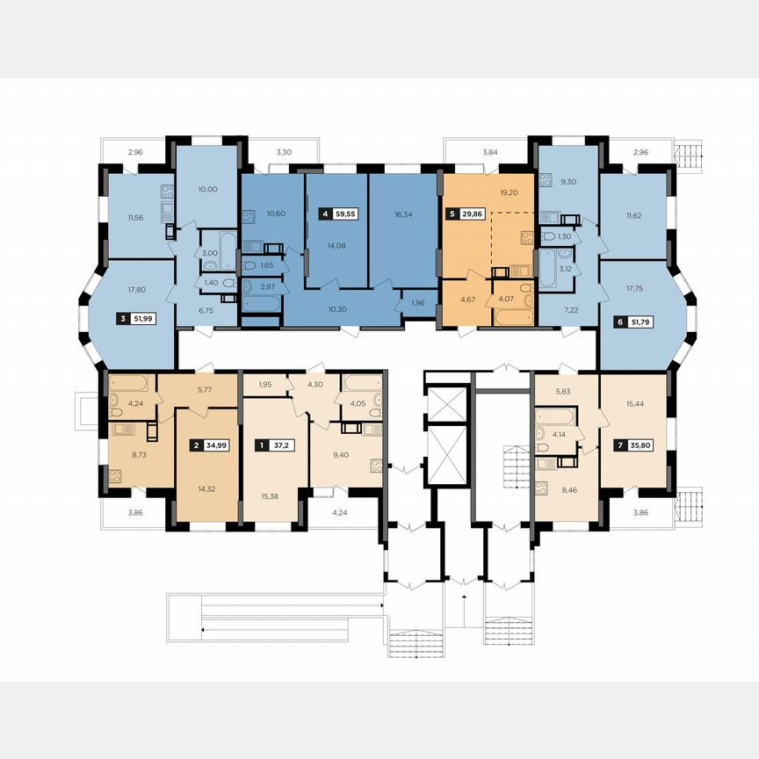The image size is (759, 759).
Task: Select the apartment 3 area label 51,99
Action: coord(142,319)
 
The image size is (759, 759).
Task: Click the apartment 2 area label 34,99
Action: coord(215,445)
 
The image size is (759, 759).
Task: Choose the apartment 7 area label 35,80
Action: coord(644,445)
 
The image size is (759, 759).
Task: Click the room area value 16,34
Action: coord(403,213)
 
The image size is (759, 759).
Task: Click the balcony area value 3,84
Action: coord(490,153)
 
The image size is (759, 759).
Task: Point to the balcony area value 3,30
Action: coord(283,153)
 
